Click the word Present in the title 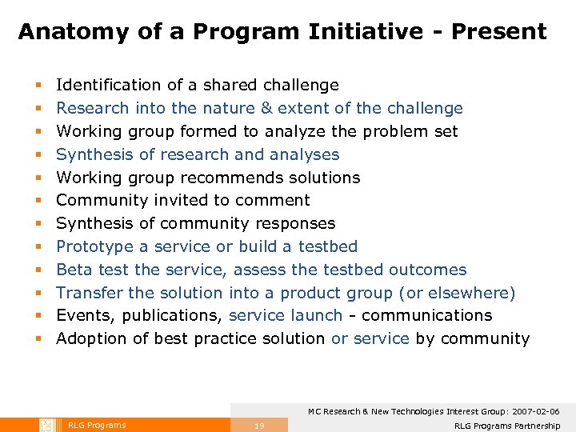tap(499, 32)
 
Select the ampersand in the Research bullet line tap(266, 108)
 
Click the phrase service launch tap(286, 316)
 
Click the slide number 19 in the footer tap(258, 426)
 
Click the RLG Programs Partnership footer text tap(506, 426)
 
